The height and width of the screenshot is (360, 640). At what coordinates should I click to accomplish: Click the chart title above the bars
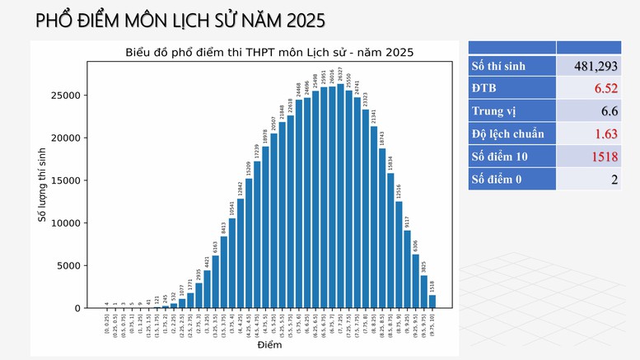tap(269, 52)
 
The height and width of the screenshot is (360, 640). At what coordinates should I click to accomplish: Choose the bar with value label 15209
tap(249, 243)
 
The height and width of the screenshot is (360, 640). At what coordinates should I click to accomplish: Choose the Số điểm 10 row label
tap(500, 156)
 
